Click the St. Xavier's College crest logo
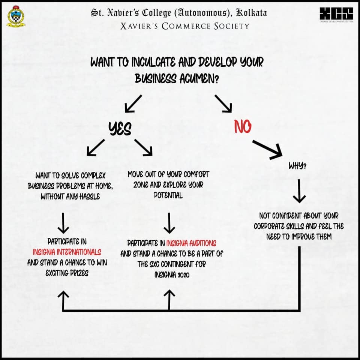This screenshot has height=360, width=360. click(x=16, y=16)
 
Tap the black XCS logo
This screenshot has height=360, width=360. click(x=336, y=13)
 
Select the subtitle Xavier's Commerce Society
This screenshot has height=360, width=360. click(x=185, y=26)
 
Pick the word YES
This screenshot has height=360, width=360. click(x=120, y=128)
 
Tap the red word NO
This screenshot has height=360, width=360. click(x=243, y=126)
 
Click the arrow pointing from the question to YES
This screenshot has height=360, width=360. click(x=133, y=104)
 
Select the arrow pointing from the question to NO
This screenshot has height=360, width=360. click(x=223, y=104)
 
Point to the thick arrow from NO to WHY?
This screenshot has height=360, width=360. click(x=267, y=150)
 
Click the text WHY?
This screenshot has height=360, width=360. click(x=297, y=165)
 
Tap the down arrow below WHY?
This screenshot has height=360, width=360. click(x=299, y=191)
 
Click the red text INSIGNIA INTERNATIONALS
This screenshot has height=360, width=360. click(x=67, y=252)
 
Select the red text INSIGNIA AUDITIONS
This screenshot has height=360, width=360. click(x=191, y=243)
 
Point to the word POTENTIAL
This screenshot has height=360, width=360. click(x=168, y=195)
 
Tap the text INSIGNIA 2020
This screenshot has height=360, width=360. click(x=172, y=274)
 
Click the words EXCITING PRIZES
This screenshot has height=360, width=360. click(x=67, y=273)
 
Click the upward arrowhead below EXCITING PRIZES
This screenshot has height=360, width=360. click(x=63, y=295)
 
